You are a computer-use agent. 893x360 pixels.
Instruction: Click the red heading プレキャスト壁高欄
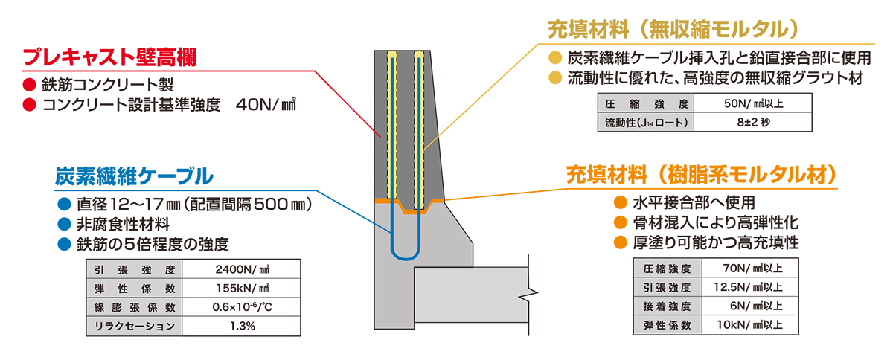coord(114,58)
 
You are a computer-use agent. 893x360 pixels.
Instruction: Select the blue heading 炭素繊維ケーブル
coord(134,176)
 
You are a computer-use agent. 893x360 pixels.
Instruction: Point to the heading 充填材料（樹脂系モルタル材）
coord(702,176)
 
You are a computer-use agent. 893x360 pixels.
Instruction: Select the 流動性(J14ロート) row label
coord(647,123)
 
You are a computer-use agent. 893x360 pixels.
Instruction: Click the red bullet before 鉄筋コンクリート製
coord(30,84)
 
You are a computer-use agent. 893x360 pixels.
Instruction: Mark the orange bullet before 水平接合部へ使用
coord(618,202)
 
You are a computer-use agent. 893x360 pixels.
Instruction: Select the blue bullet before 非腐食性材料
coord(63,223)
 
